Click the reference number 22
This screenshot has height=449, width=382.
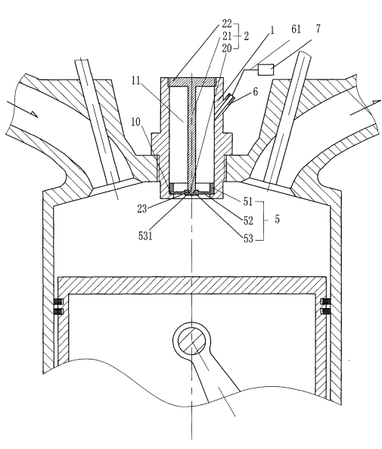tap(227, 23)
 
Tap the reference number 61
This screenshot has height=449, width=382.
tap(296, 30)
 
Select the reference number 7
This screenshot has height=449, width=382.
tap(318, 29)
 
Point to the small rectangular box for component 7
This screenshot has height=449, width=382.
tap(266, 70)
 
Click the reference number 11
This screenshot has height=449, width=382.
tap(136, 80)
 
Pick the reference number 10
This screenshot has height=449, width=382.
tap(136, 122)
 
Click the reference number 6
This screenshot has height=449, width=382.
tap(255, 92)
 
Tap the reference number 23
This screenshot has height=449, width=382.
tap(142, 209)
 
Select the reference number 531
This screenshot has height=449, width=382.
tap(145, 235)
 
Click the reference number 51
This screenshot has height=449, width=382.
tap(248, 202)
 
